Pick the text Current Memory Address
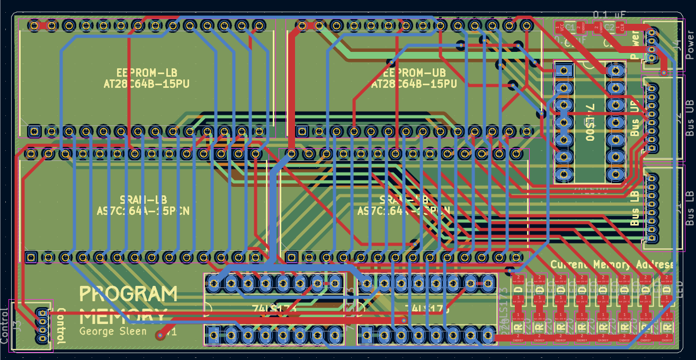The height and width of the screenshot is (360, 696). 613,264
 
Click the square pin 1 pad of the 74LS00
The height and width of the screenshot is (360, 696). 564,70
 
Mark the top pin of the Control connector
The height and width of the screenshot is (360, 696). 42,313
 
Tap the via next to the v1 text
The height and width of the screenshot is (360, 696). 160,335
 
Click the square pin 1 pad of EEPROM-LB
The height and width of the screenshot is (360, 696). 34,130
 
